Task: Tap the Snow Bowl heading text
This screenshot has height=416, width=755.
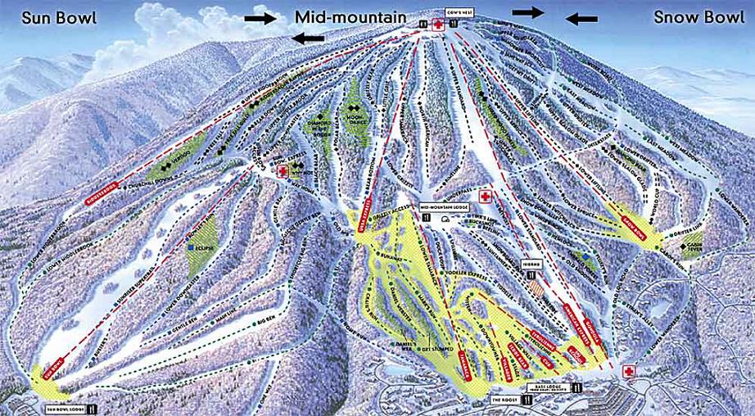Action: [698, 16]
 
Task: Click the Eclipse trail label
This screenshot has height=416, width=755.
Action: [206, 246]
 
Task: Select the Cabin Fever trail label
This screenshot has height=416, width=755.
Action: [696, 246]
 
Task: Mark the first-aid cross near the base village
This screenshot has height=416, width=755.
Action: [629, 370]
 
